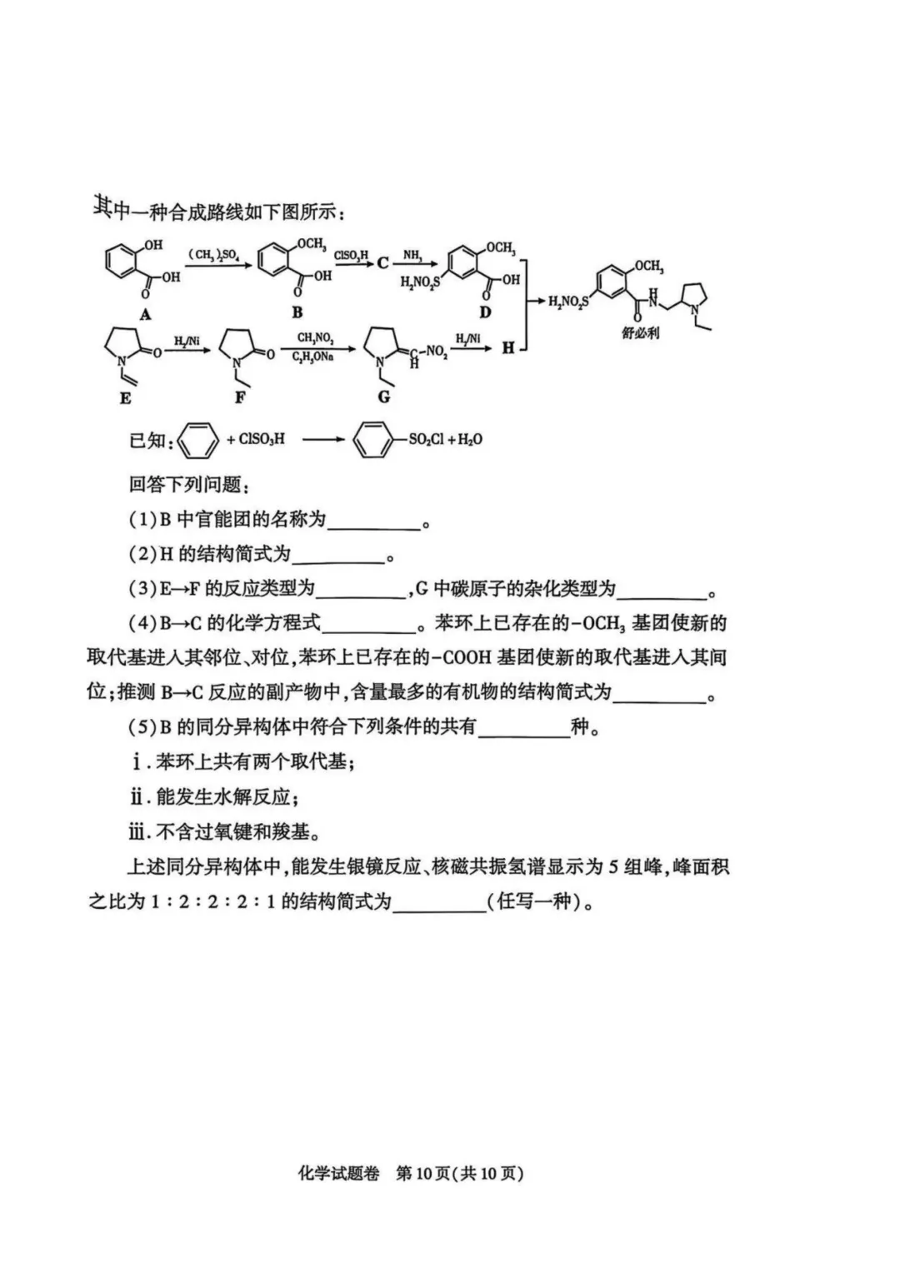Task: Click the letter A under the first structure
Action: click(x=145, y=314)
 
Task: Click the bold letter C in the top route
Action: click(x=382, y=263)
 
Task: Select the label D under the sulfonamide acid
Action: click(x=485, y=312)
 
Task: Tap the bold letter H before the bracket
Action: click(x=507, y=348)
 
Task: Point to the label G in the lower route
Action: click(x=383, y=397)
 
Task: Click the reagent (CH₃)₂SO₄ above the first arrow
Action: click(x=213, y=253)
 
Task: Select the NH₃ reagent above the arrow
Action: click(x=412, y=254)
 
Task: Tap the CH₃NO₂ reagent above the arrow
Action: click(x=314, y=338)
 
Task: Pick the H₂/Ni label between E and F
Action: click(x=186, y=341)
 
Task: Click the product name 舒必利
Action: click(x=640, y=332)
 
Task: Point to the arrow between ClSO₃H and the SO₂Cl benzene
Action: click(x=322, y=439)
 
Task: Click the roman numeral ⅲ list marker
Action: click(x=137, y=831)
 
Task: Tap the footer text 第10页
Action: click(x=423, y=1173)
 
